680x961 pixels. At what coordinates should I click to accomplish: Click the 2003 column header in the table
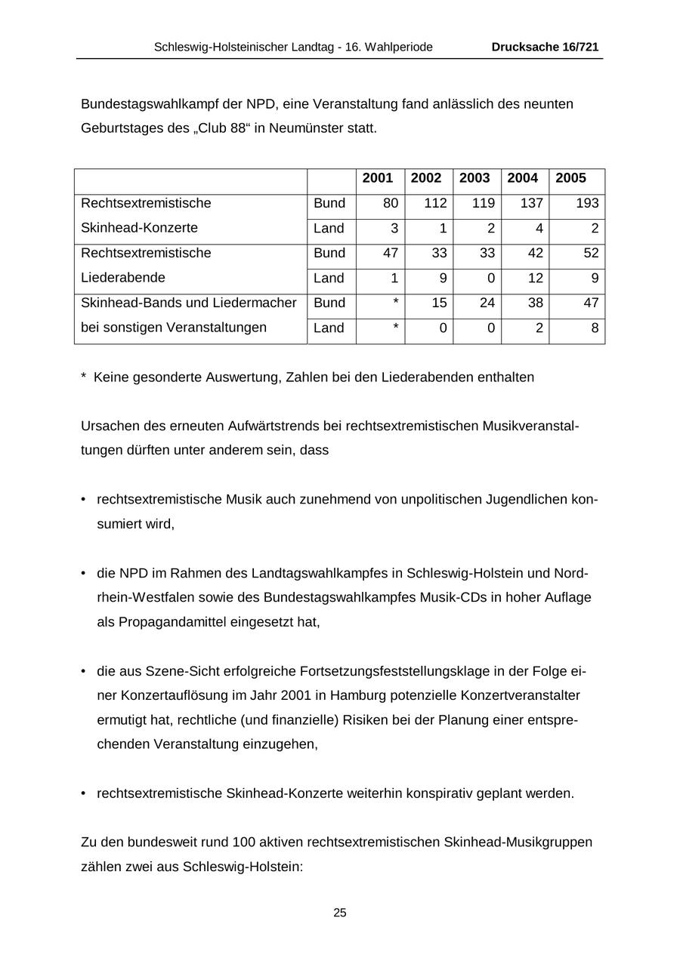474,178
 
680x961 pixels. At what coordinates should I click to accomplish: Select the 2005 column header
570,178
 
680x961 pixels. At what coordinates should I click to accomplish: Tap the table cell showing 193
586,203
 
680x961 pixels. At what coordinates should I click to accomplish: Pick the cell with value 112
435,203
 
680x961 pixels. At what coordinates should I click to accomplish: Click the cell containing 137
531,203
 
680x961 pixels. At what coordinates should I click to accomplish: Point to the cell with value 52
590,253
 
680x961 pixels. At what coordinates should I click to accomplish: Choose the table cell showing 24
483,303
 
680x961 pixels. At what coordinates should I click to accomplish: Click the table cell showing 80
390,203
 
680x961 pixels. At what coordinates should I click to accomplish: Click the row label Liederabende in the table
123,278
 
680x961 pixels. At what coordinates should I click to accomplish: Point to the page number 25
340,913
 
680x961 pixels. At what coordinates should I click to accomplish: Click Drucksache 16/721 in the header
545,47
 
